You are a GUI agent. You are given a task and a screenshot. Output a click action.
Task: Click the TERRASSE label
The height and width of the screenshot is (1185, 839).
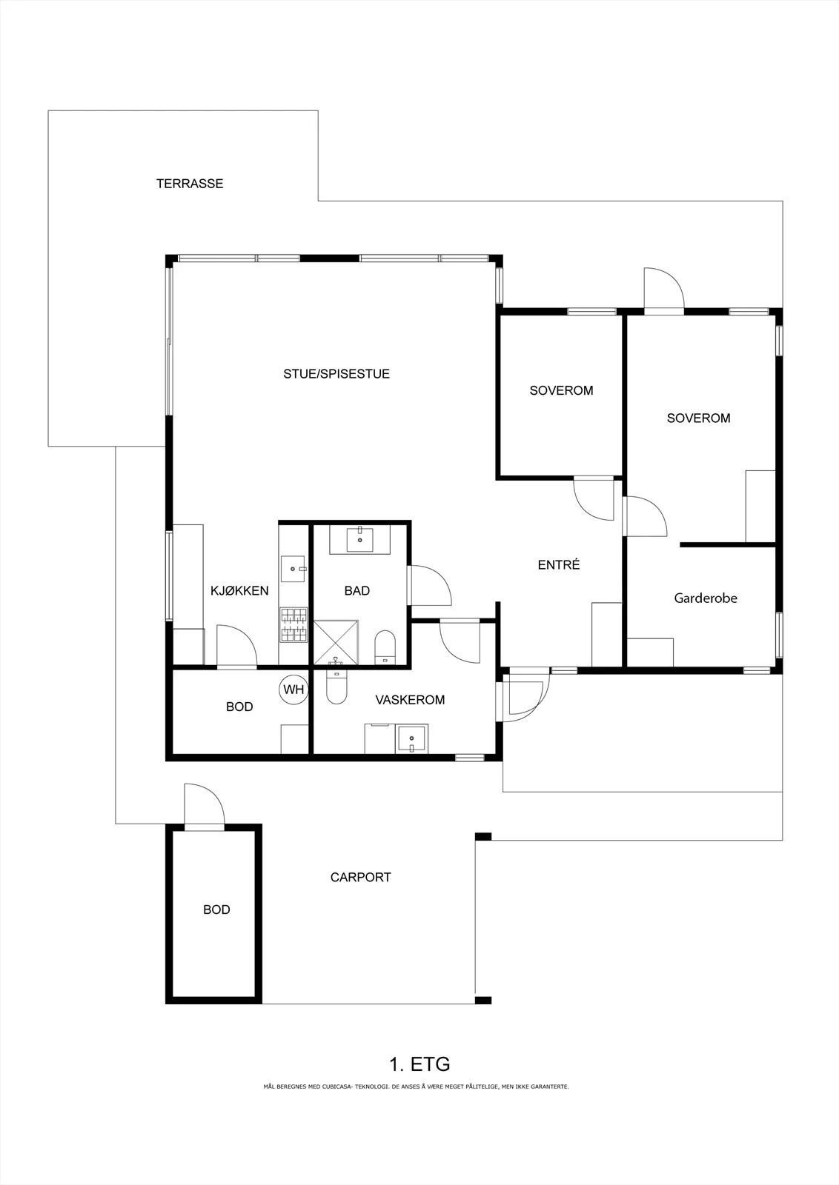[190, 184]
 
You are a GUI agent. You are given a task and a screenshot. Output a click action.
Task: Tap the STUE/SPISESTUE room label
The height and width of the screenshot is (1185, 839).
[336, 374]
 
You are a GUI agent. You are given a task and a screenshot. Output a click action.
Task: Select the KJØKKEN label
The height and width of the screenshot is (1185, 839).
[239, 591]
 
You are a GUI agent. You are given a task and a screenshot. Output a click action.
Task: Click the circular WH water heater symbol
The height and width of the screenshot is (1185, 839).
[294, 690]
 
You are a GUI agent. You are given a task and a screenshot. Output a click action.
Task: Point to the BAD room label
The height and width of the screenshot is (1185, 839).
[357, 591]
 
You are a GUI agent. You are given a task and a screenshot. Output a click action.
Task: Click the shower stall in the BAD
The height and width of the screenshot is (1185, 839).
[336, 642]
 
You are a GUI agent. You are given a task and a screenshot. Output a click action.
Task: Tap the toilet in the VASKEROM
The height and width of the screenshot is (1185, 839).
[336, 687]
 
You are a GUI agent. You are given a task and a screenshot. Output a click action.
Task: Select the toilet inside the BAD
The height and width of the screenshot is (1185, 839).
[385, 647]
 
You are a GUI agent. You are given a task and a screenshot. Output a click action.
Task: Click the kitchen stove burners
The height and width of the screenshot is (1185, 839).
[294, 625]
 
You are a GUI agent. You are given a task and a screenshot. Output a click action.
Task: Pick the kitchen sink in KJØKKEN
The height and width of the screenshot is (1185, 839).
[294, 570]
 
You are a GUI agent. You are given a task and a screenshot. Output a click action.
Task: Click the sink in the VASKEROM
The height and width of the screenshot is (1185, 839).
[411, 738]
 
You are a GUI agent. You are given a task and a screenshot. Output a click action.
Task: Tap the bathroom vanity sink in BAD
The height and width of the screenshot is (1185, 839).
[360, 539]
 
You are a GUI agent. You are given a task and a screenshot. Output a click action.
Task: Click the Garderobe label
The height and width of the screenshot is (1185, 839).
[706, 598]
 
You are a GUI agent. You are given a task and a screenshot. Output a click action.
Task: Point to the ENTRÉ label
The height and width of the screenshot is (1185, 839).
[558, 564]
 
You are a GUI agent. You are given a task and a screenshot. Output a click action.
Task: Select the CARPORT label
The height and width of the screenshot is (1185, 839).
[360, 877]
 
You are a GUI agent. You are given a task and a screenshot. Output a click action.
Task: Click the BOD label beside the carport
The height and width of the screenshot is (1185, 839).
[216, 909]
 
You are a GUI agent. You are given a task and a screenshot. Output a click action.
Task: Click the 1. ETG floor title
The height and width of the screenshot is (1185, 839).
[419, 1064]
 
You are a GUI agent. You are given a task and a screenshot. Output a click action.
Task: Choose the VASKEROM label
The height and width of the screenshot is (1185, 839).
[410, 700]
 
